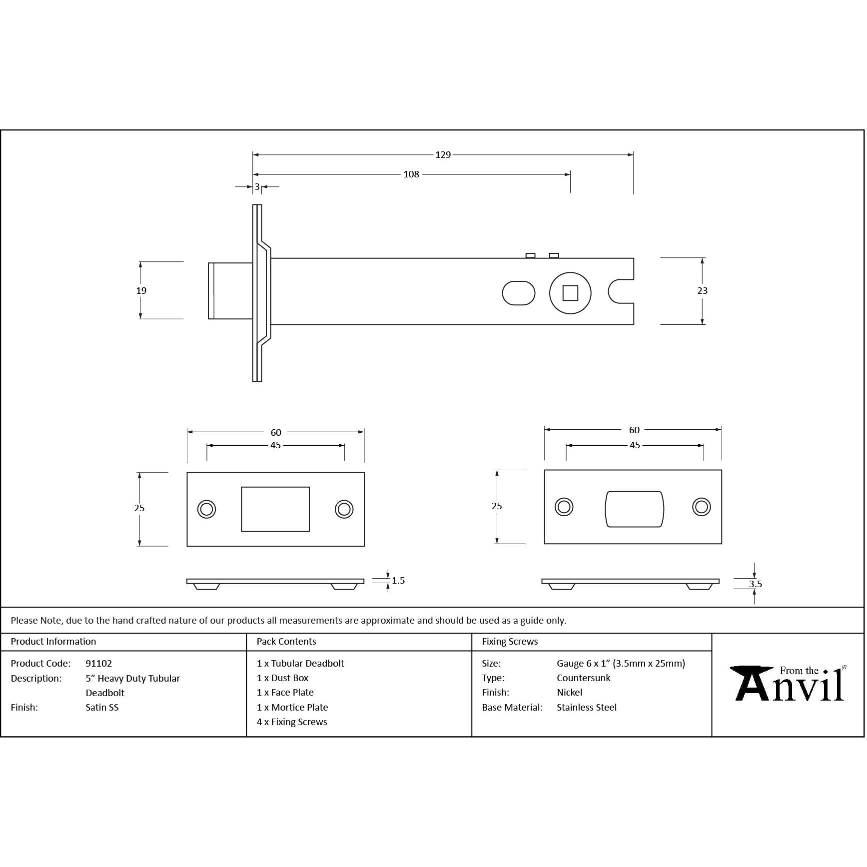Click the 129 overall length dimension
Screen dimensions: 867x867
coord(443,155)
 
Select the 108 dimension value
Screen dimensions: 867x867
coord(411,174)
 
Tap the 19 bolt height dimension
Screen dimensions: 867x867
coord(141,290)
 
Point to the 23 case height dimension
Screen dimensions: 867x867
coord(702,290)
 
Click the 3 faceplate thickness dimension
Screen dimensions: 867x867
coord(257,187)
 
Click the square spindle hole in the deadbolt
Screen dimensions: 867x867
coord(570,293)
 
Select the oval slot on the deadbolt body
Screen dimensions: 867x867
coord(519,293)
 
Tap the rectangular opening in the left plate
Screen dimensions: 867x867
coord(275,509)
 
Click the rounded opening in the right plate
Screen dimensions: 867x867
coord(634,509)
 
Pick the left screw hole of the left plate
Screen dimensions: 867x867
coord(206,509)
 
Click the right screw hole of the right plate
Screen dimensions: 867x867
coord(702,507)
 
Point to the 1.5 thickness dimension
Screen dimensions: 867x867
coord(398,581)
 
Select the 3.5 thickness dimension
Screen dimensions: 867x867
coord(755,584)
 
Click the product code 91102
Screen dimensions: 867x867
coord(99,664)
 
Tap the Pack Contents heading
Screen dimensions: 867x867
coord(286,642)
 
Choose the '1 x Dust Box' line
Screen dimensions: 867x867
coord(283,678)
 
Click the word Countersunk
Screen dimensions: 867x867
coord(584,678)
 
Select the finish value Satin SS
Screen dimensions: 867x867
coord(102,708)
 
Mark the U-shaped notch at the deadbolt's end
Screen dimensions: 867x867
coord(621,291)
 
